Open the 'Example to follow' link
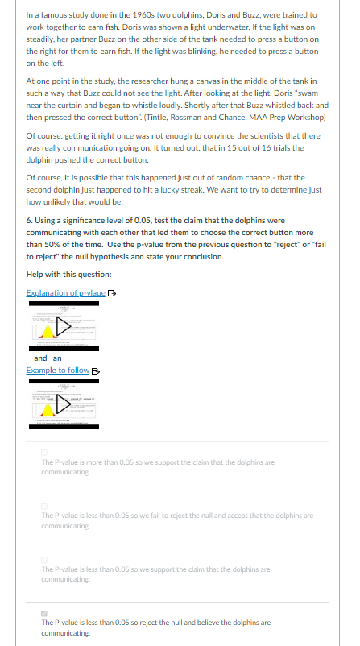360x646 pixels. pyautogui.click(x=57, y=370)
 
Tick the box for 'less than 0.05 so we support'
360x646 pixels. pyautogui.click(x=45, y=556)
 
